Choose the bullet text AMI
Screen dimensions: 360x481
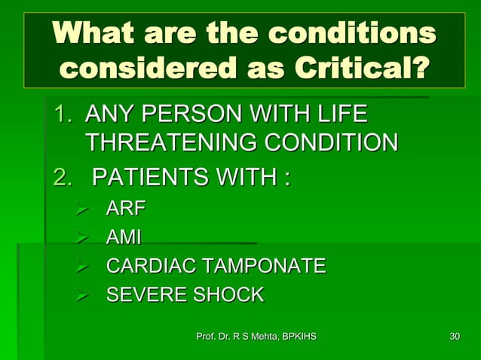[x=123, y=237]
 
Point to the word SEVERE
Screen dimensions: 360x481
[x=142, y=294]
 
